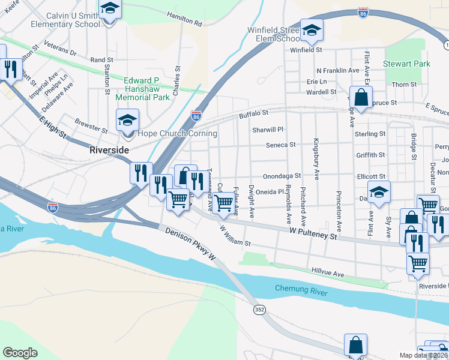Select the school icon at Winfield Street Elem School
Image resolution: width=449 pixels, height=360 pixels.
(312, 30)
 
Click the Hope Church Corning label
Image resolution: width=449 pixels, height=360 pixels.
(177, 133)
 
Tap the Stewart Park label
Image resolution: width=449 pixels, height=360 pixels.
(407, 64)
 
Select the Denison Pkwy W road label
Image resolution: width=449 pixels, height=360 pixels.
(188, 245)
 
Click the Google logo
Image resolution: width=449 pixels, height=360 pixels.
(20, 353)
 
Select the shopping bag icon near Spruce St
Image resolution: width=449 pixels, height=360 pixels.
(360, 97)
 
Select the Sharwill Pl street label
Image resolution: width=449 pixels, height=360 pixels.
(267, 129)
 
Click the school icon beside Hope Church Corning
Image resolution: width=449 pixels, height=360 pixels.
(127, 120)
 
